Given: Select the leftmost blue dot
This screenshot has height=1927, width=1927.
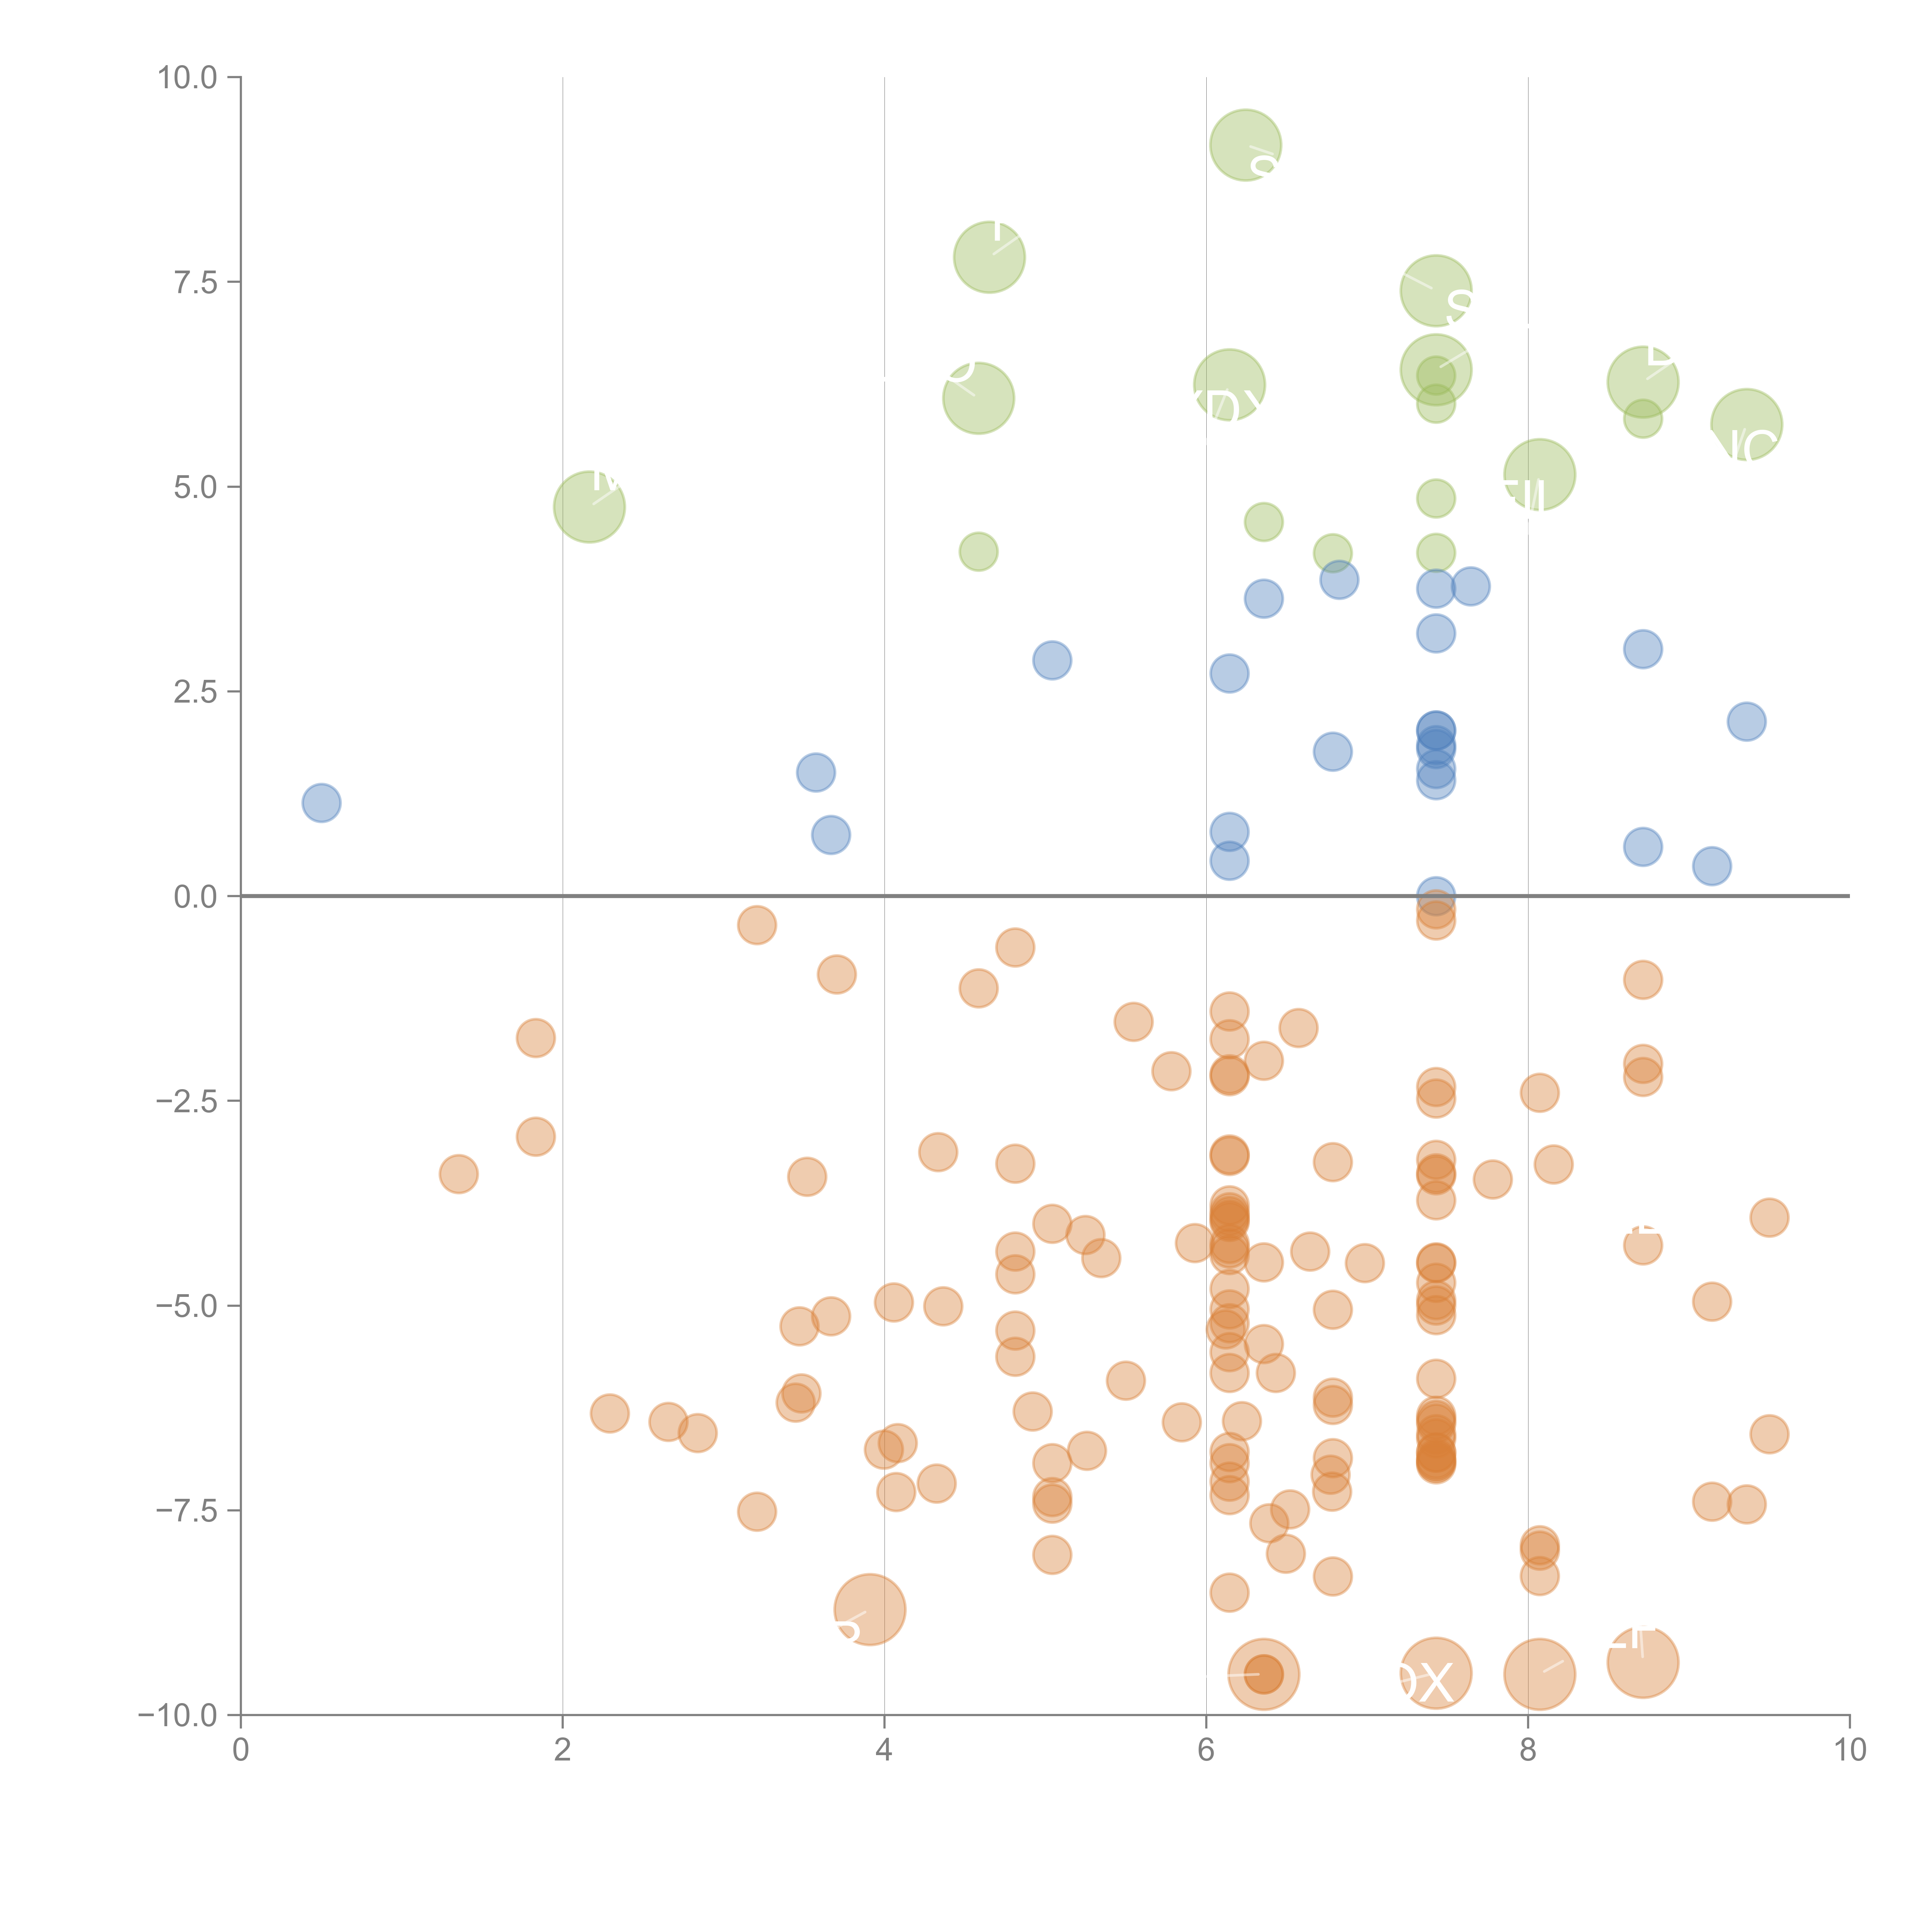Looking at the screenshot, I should point(321,803).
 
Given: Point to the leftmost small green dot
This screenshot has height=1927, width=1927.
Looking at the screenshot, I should point(979,552).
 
